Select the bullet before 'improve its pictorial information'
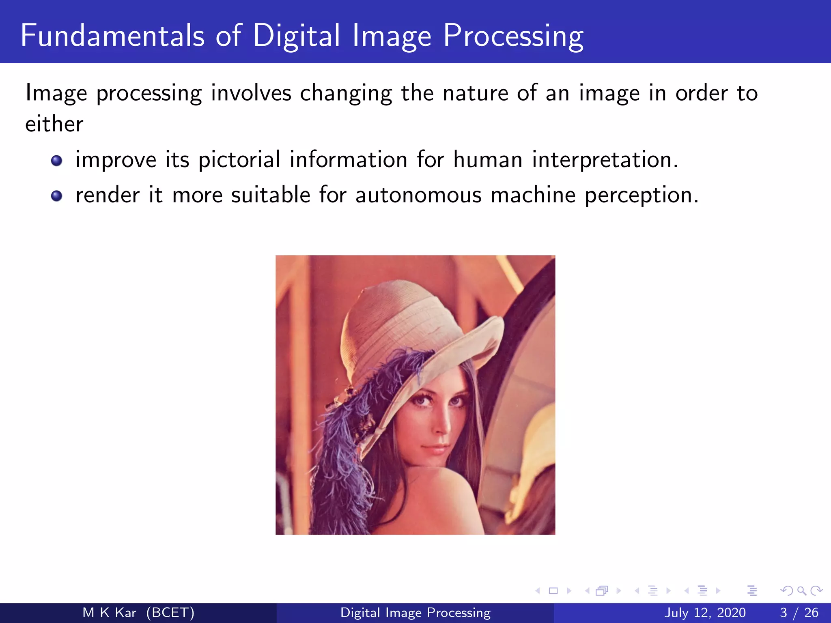click(56, 161)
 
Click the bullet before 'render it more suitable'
click(56, 196)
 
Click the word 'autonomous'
click(418, 195)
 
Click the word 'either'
click(54, 124)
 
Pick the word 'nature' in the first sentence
click(475, 93)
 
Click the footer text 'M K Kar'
click(109, 612)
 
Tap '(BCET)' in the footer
click(170, 612)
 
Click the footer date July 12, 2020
click(705, 612)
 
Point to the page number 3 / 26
click(799, 612)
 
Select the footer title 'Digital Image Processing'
click(415, 612)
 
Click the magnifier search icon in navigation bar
click(801, 591)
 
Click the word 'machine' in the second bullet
click(533, 195)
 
